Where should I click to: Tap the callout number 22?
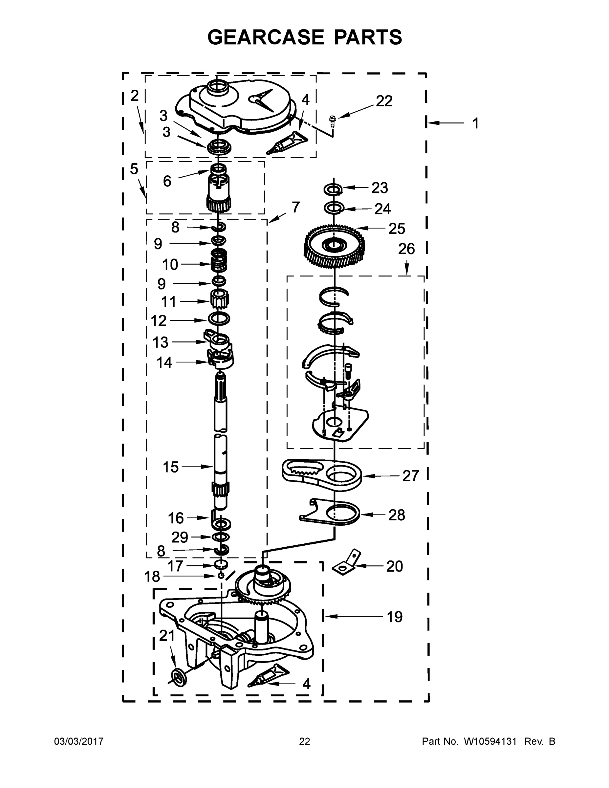(384, 101)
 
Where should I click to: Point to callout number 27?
(411, 476)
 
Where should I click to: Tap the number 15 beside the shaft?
(171, 467)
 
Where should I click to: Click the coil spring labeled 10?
(219, 260)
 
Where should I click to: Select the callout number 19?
(394, 617)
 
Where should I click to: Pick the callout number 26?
(406, 249)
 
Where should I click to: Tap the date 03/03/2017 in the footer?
(79, 741)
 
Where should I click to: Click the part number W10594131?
(489, 741)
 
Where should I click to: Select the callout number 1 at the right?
(475, 123)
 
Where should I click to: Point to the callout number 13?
(161, 342)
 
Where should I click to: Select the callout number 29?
(179, 537)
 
